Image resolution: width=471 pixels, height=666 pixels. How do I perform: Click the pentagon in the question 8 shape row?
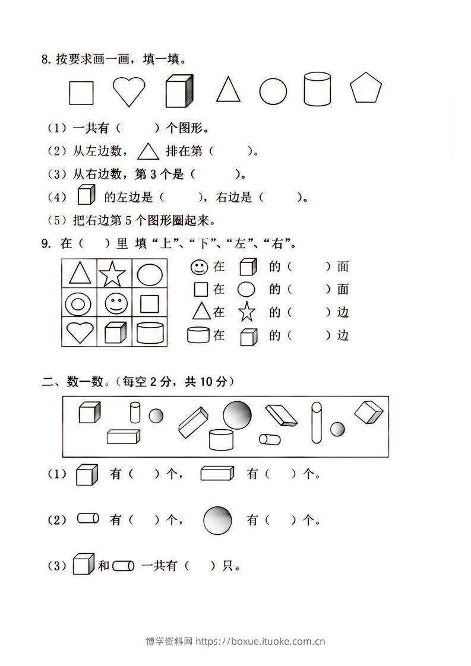pos(366,89)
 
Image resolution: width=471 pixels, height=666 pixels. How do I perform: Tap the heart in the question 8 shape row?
pos(129,91)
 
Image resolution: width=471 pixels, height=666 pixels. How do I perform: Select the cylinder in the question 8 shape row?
pos(317,89)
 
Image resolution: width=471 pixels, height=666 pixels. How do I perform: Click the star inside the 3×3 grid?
pos(112,274)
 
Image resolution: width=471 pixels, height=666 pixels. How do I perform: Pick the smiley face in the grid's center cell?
pos(115,304)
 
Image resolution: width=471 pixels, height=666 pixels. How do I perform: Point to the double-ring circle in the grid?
pos(78,305)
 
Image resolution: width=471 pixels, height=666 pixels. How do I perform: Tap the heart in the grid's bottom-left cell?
pos(79,332)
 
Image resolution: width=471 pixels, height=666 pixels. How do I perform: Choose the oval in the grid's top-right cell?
pos(149,274)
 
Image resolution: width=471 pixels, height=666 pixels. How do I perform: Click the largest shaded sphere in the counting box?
pos(237,414)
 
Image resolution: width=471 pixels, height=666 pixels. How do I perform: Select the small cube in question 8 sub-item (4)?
pos(86,195)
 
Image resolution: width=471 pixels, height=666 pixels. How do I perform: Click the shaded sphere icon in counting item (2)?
pos(218,520)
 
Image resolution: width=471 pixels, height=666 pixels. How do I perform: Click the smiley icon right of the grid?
pos(199,267)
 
